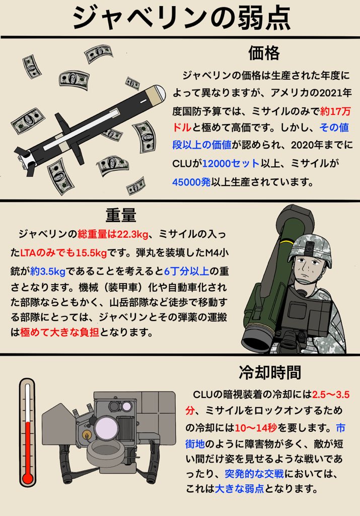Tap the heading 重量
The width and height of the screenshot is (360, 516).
(x=121, y=215)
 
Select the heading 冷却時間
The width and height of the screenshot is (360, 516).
(x=270, y=372)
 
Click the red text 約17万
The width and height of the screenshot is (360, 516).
(x=335, y=111)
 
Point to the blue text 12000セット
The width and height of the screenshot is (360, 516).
(x=231, y=163)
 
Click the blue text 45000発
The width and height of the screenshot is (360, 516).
(x=191, y=181)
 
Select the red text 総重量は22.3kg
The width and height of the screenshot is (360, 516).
(x=113, y=234)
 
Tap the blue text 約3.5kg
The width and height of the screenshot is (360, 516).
(x=48, y=271)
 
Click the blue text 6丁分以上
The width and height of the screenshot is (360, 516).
(x=186, y=271)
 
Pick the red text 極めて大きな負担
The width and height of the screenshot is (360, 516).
(x=59, y=333)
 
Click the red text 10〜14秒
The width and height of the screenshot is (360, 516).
(x=256, y=428)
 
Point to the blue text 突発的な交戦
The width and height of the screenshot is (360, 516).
(x=254, y=474)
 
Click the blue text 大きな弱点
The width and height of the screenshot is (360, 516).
(x=239, y=489)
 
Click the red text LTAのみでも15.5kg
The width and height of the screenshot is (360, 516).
(x=63, y=253)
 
